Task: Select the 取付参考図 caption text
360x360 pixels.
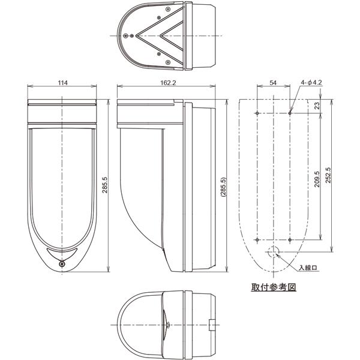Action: click(x=274, y=287)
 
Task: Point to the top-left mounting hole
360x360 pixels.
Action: click(x=257, y=113)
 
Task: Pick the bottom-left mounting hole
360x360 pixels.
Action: click(x=257, y=239)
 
